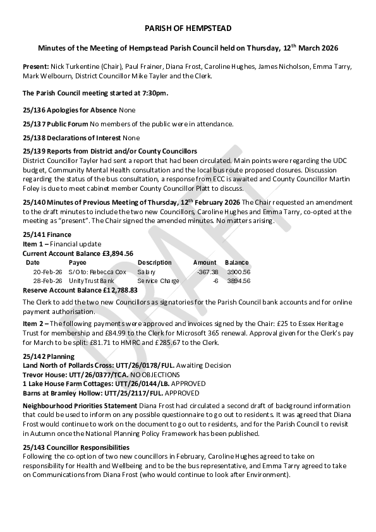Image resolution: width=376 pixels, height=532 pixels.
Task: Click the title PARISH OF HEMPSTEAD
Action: coord(188,28)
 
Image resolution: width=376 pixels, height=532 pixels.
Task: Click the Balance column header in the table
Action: coord(236,262)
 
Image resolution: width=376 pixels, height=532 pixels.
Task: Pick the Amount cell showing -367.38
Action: coord(207,272)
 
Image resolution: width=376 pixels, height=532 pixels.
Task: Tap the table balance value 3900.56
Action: coord(238,272)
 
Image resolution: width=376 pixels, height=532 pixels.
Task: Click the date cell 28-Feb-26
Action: coord(47,281)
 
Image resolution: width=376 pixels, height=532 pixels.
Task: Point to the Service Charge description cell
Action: coord(158,281)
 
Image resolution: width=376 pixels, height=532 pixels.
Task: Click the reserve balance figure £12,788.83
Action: coord(116,289)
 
